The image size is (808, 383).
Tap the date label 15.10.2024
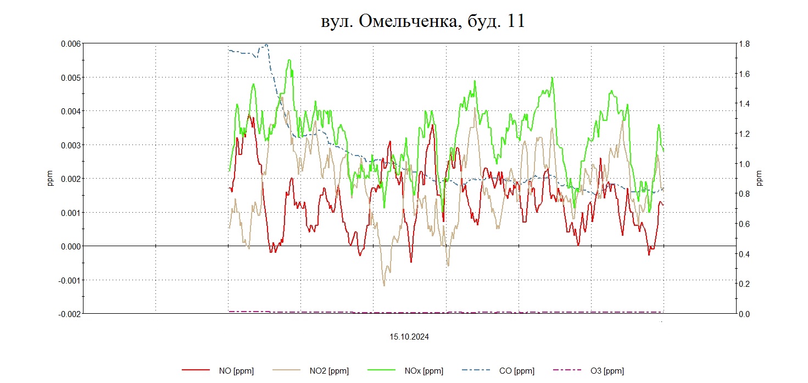pyautogui.click(x=409, y=337)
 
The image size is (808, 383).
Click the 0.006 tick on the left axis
pyautogui.click(x=70, y=43)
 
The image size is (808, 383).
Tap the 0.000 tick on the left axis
pyautogui.click(x=70, y=246)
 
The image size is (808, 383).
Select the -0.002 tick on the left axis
pyautogui.click(x=69, y=314)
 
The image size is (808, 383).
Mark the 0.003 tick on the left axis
pyautogui.click(x=70, y=145)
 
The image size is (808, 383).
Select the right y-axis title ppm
pyautogui.click(x=760, y=179)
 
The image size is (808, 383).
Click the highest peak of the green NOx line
pyautogui.click(x=289, y=60)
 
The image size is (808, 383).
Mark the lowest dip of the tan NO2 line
pyautogui.click(x=384, y=285)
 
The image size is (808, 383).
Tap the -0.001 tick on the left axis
pyautogui.click(x=69, y=280)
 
